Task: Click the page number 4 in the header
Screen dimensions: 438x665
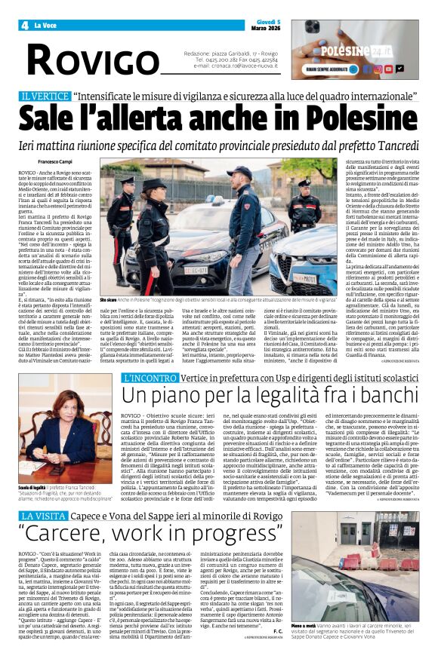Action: [14, 25]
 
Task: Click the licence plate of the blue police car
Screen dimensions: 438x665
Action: [309, 279]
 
